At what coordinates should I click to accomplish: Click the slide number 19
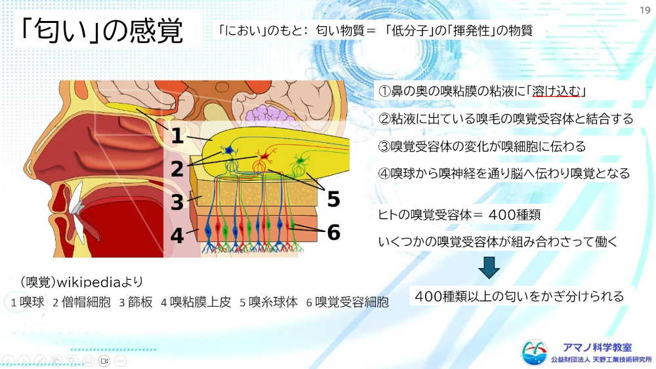point(645,10)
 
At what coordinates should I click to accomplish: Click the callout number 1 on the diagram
point(177,136)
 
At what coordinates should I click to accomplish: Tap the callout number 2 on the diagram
point(177,169)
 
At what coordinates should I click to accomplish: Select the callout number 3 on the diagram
point(177,203)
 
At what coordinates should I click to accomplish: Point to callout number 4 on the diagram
point(177,236)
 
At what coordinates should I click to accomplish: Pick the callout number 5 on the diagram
point(333,199)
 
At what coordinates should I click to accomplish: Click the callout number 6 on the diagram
point(333,233)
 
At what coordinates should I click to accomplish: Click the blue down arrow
point(489,267)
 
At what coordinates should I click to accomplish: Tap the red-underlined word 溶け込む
point(556,91)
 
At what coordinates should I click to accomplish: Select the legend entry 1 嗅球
point(28,302)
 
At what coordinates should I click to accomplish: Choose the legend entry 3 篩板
point(136,302)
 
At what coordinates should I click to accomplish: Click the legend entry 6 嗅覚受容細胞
point(347,302)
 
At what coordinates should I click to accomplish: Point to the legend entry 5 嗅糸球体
point(268,302)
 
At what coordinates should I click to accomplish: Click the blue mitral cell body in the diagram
point(229,151)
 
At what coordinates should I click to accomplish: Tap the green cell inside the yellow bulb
point(300,161)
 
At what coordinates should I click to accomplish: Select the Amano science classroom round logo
point(534,352)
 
